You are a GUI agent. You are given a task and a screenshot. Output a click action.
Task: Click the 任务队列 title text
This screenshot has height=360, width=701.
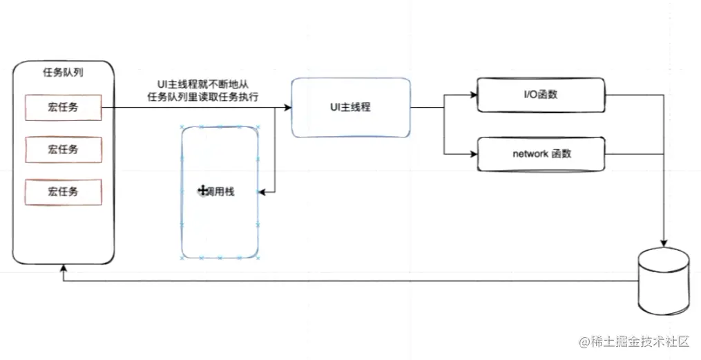pos(64,71)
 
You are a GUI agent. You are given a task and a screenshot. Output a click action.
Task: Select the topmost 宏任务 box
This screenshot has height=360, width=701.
pos(64,108)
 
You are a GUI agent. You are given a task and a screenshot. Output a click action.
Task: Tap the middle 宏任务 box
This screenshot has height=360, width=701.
pos(64,149)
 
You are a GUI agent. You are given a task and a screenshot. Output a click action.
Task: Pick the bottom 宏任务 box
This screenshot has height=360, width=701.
pos(64,191)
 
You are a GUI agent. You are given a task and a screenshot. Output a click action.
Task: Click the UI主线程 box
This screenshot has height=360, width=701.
pos(351,108)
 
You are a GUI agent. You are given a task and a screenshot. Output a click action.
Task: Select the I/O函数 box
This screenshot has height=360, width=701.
pos(541,95)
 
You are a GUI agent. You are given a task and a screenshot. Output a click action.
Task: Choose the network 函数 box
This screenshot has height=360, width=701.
pos(541,153)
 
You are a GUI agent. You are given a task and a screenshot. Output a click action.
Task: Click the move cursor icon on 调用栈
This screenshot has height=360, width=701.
pos(203,191)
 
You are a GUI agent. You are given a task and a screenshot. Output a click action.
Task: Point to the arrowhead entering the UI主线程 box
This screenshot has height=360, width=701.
pos(287,108)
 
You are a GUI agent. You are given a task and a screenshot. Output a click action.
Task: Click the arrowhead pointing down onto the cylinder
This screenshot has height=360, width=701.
pos(664,244)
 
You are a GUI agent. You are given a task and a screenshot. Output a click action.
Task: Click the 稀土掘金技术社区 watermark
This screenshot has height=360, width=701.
pos(635,341)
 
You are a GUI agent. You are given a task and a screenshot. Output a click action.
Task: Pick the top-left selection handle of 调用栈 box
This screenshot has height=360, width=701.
pos(182,128)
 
